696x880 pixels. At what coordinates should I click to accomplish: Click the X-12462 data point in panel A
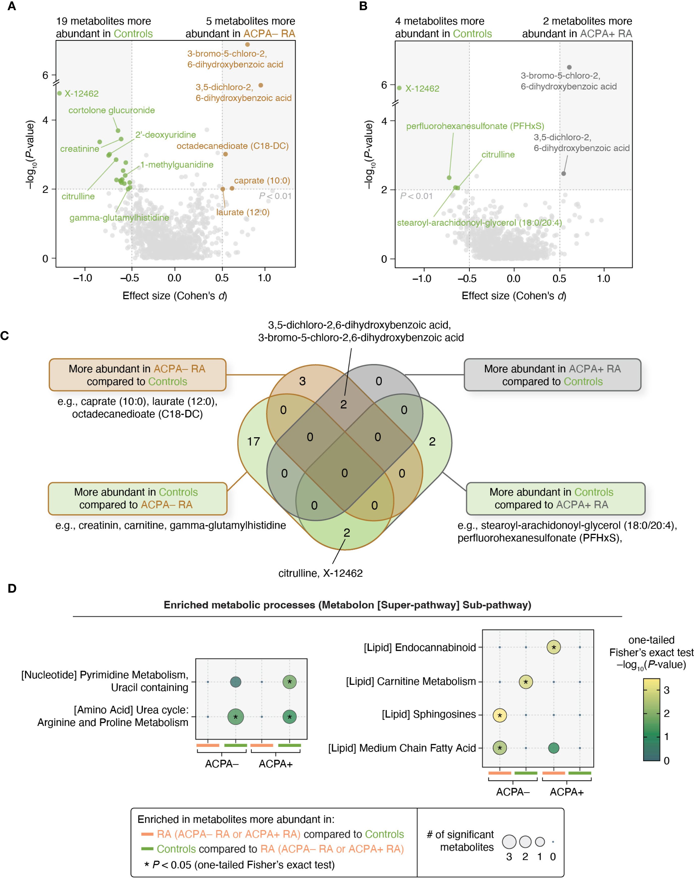click(60, 93)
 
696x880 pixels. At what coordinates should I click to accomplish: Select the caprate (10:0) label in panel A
click(262, 181)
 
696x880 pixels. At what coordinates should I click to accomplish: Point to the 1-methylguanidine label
click(177, 165)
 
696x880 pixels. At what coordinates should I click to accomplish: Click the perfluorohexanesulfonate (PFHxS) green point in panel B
click(449, 178)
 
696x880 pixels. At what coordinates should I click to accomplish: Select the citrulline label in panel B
click(498, 154)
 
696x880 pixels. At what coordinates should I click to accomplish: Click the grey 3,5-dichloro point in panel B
click(564, 173)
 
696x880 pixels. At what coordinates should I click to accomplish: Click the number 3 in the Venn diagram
click(302, 381)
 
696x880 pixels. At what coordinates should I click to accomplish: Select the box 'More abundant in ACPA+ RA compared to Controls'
click(552, 375)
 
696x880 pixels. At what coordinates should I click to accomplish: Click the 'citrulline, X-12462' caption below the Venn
click(320, 573)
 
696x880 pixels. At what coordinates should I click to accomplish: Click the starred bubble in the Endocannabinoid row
click(553, 647)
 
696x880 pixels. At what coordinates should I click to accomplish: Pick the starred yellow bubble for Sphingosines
click(500, 715)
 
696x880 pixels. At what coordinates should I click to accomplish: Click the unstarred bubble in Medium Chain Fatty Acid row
click(553, 748)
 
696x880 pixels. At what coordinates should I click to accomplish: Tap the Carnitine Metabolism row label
click(411, 681)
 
